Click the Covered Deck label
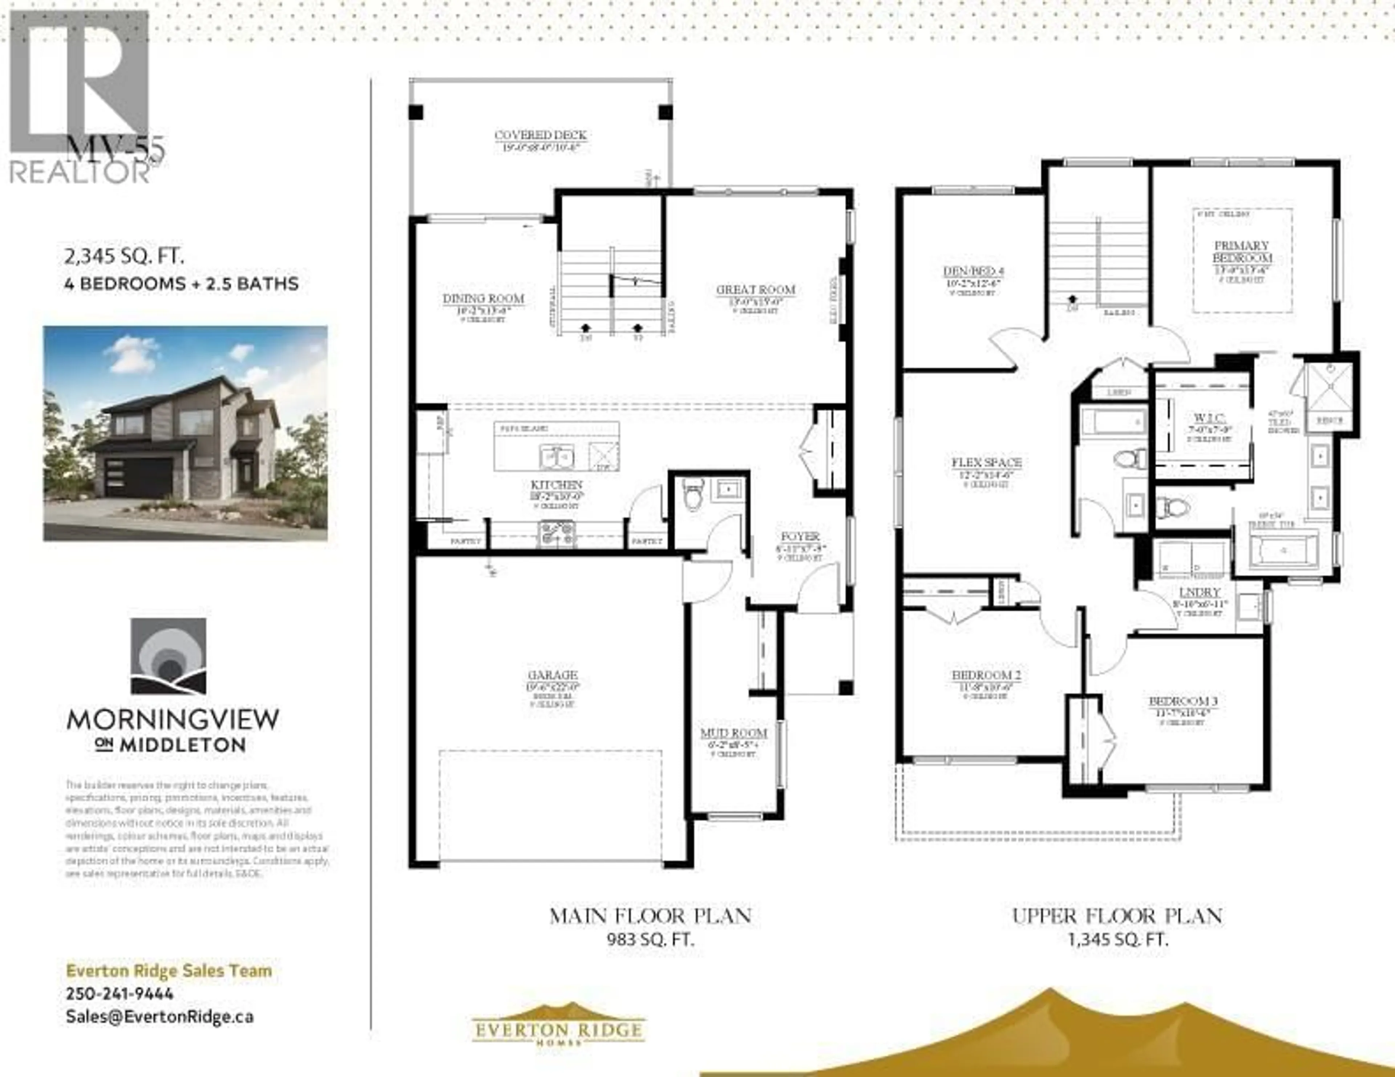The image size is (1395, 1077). tap(540, 135)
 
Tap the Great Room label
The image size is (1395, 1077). tap(756, 290)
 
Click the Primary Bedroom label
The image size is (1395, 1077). tap(1242, 252)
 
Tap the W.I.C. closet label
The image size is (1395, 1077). tap(1209, 418)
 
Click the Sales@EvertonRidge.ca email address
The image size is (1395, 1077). tap(160, 1017)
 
